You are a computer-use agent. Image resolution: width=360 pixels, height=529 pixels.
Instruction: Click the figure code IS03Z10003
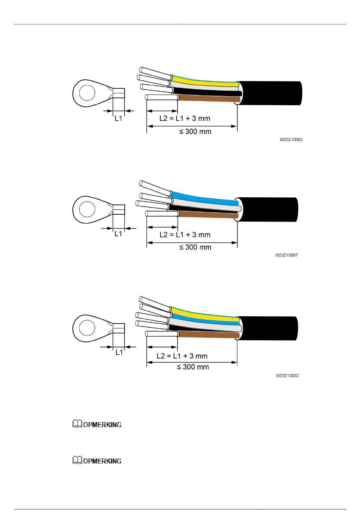click(x=291, y=140)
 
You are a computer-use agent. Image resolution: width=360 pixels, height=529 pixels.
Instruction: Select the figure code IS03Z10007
click(x=286, y=255)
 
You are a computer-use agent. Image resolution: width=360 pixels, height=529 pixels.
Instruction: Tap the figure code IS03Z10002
click(x=287, y=376)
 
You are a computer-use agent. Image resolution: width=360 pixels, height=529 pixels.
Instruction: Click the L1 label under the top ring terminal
click(x=119, y=118)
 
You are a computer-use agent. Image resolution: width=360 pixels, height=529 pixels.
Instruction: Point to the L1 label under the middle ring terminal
click(x=118, y=234)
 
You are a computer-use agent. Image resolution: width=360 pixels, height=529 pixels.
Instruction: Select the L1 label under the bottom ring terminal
click(x=119, y=353)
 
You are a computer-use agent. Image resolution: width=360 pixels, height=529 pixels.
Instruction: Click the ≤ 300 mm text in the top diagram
click(x=195, y=131)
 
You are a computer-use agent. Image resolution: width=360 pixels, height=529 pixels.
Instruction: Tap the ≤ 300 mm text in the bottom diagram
click(x=193, y=367)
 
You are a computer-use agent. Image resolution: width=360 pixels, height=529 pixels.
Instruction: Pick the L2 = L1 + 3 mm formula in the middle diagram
click(x=185, y=235)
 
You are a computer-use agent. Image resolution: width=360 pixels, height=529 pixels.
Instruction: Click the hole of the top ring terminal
click(x=87, y=93)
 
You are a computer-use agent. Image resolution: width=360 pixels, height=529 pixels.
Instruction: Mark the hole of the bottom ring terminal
click(x=87, y=328)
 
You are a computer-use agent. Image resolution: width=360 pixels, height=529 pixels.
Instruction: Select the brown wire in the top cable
click(x=209, y=99)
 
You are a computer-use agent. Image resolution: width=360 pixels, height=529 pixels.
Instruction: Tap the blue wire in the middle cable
click(x=205, y=198)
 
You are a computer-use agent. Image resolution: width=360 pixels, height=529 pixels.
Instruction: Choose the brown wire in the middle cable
click(x=208, y=215)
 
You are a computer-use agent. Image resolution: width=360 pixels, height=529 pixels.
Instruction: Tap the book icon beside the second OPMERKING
click(x=77, y=460)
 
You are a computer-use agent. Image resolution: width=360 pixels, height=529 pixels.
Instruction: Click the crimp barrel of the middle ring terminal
click(x=119, y=209)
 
